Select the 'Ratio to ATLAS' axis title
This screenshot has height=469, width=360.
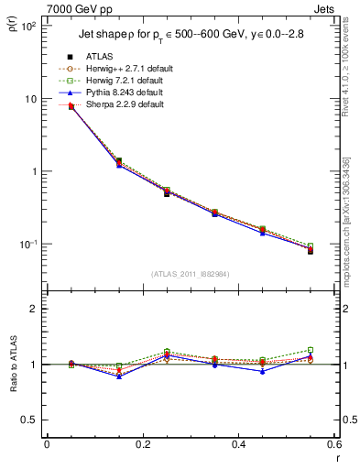coord(12,365)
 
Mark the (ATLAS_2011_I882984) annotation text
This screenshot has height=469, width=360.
coord(191,274)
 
